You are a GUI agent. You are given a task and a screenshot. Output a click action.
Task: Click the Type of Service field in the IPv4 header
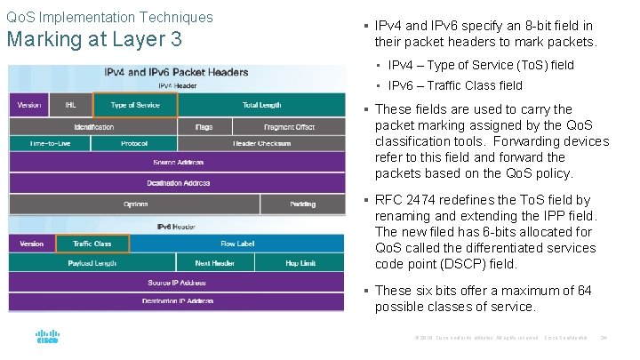135,106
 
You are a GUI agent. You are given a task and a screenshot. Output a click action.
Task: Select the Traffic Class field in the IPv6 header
92,244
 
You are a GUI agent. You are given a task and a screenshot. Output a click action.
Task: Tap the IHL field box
70,106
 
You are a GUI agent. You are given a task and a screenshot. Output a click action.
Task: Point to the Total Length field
261,106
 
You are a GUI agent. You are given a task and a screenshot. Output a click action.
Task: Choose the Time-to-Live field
50,143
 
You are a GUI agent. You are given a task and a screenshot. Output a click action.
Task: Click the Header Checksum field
261,143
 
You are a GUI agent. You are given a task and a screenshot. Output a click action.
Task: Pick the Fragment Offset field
289,127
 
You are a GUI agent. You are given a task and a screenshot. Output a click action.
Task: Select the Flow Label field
237,244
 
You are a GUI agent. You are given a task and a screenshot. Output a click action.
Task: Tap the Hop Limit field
300,263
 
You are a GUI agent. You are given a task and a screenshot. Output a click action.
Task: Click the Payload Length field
92,263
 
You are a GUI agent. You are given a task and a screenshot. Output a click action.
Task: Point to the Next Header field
214,263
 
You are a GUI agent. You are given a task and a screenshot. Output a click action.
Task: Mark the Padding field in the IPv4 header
302,204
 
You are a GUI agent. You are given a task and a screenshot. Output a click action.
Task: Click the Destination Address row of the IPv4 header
177,183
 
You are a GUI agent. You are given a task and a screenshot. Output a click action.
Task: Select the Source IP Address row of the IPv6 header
177,283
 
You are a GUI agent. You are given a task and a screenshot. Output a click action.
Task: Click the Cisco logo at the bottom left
47,338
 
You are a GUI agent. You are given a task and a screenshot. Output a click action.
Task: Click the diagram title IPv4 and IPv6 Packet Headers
177,72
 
